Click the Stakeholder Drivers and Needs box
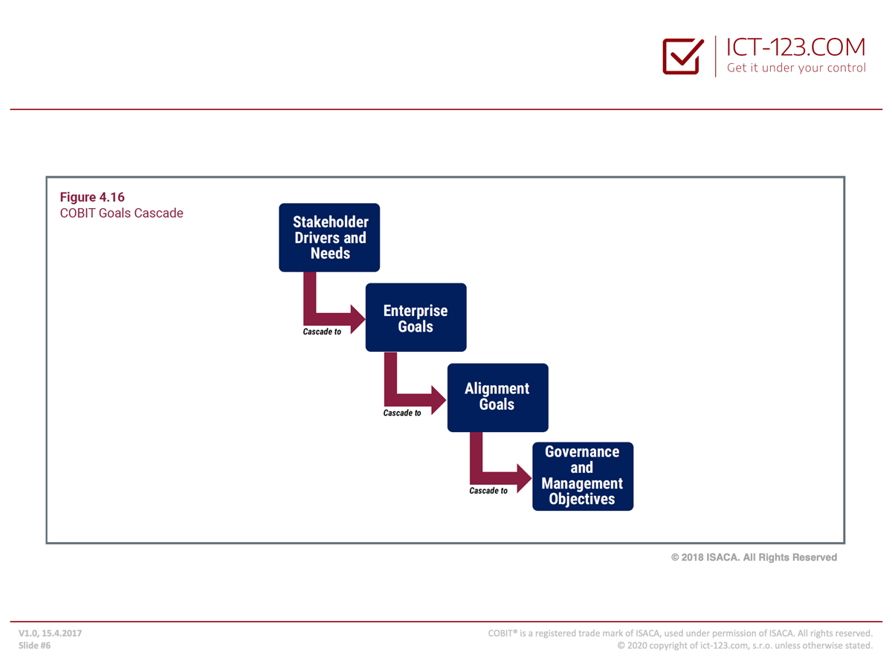click(x=329, y=237)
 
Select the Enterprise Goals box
click(x=416, y=317)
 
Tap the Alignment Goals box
click(x=497, y=397)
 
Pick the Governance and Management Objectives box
click(x=582, y=476)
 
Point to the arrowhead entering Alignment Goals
click(x=439, y=400)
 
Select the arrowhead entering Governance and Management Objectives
click(x=524, y=478)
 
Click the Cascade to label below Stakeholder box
click(x=322, y=332)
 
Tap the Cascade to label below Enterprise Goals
click(x=402, y=413)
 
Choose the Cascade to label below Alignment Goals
click(x=488, y=490)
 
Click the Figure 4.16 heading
click(x=92, y=197)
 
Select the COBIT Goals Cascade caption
click(x=121, y=213)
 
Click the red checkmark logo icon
click(x=682, y=56)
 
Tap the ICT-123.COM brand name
click(x=795, y=47)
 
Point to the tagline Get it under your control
click(x=796, y=68)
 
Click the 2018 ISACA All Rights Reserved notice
click(x=754, y=557)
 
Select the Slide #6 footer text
click(x=34, y=645)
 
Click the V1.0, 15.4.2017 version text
click(x=50, y=633)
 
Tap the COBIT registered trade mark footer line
click(x=680, y=633)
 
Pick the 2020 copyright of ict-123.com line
click(x=745, y=645)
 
